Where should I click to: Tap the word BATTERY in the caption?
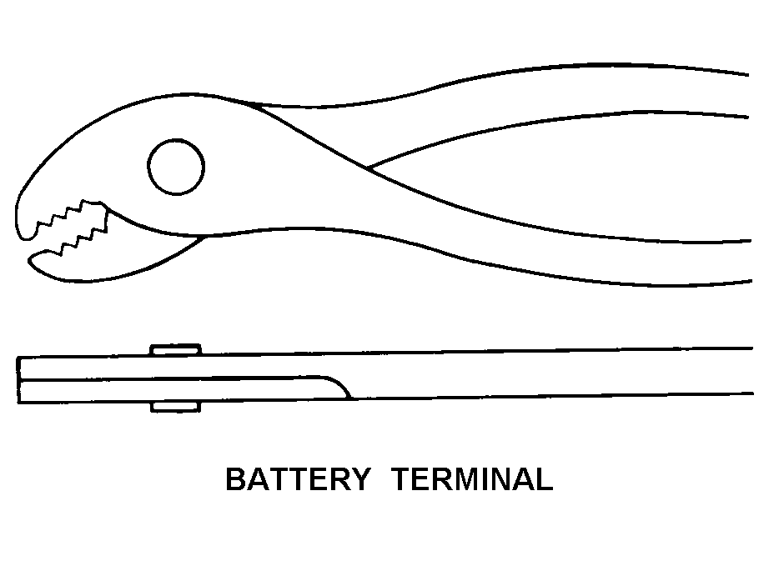click(x=298, y=480)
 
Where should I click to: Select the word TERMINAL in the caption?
click(x=472, y=480)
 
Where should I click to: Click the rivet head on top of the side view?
click(x=175, y=350)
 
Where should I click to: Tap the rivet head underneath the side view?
click(x=175, y=407)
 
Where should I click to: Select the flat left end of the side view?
click(x=18, y=380)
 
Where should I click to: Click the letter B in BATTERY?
click(x=236, y=480)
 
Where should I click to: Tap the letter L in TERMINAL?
click(x=544, y=480)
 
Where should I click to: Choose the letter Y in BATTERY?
click(x=359, y=480)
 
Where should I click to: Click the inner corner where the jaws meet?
click(x=200, y=238)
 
